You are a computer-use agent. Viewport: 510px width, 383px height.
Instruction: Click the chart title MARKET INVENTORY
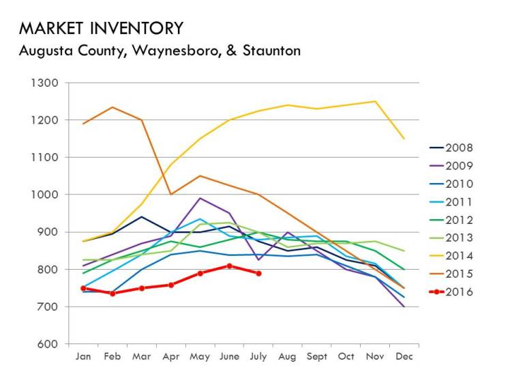(x=101, y=28)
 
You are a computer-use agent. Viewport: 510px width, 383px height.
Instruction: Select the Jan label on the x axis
(x=82, y=356)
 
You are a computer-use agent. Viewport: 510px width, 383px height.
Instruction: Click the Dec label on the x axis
(x=404, y=356)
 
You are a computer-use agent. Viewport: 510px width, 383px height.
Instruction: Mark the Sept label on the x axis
(x=316, y=356)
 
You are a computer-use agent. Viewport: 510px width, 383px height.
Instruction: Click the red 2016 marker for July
(x=258, y=273)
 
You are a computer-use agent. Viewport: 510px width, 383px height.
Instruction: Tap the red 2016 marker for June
(x=229, y=266)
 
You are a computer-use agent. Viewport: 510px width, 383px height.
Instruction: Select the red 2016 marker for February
(x=112, y=294)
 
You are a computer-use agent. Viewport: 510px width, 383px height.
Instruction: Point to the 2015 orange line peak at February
(x=112, y=107)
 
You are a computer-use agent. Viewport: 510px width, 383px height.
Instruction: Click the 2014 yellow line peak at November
(x=374, y=101)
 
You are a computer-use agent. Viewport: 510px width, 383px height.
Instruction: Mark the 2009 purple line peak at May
(x=200, y=198)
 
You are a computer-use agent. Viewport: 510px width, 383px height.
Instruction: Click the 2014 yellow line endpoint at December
(x=404, y=139)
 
